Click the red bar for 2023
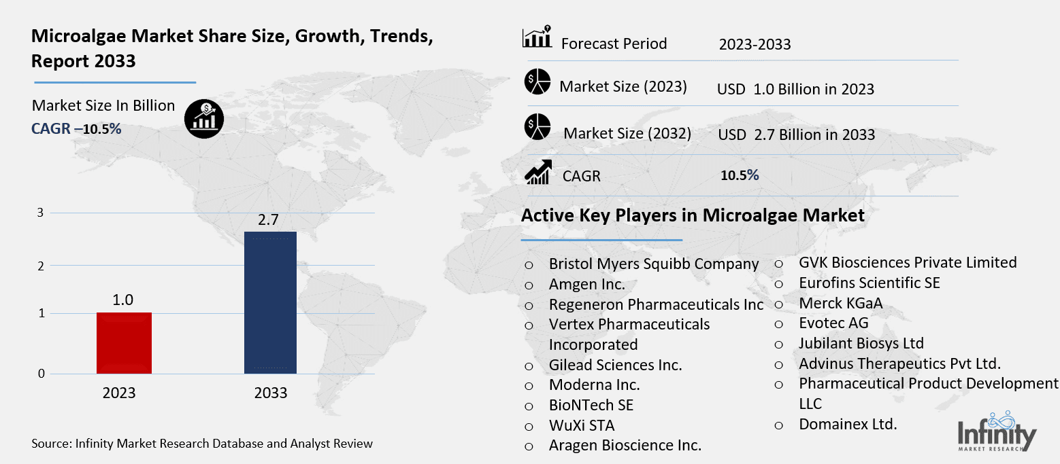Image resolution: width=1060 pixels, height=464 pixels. [x=124, y=342]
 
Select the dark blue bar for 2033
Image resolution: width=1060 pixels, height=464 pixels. [x=270, y=302]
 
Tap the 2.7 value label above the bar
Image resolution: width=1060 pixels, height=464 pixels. [x=269, y=219]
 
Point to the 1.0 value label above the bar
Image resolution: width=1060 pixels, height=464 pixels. [x=123, y=300]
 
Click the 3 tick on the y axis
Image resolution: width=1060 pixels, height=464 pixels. [x=40, y=213]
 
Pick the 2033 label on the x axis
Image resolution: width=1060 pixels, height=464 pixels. [x=270, y=393]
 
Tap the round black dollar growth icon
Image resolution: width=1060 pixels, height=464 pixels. [x=204, y=120]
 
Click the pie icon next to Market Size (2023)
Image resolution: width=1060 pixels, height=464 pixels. [x=537, y=83]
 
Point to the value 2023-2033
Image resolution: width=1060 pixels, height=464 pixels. [x=755, y=45]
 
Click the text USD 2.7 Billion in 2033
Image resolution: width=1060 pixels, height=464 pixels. [x=796, y=135]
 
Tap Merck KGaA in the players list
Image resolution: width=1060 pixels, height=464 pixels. [x=840, y=303]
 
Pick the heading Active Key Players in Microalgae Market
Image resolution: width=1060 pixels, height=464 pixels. [x=693, y=216]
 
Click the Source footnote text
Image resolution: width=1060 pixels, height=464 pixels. [x=202, y=444]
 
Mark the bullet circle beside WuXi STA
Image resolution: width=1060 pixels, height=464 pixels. [x=529, y=427]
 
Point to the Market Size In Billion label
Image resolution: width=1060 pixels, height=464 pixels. [x=103, y=106]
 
